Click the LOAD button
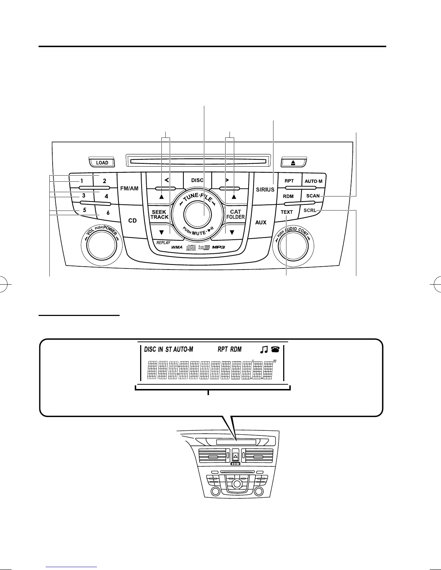coord(102,163)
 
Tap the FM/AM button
coord(129,188)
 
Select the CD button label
coord(133,220)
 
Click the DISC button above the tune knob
coord(197,180)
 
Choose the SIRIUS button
coord(265,189)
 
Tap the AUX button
coord(261,222)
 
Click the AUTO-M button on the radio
coord(313,181)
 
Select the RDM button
coord(288,196)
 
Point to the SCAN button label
coord(313,196)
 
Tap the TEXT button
coord(287,212)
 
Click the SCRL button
coord(309,210)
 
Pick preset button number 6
coord(108,213)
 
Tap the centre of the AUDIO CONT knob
coord(293,245)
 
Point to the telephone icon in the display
coord(275,349)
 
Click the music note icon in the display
coord(264,349)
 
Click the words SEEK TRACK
coord(159,214)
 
